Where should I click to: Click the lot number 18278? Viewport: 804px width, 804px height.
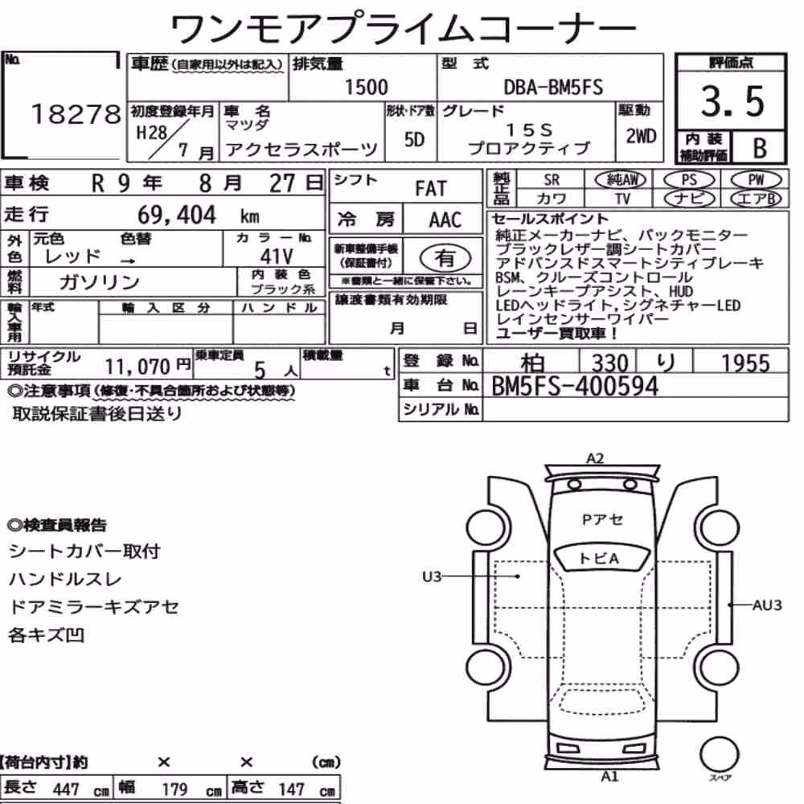(76, 114)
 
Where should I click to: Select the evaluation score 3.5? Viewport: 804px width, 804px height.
(732, 100)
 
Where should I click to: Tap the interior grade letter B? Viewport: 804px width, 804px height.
(760, 148)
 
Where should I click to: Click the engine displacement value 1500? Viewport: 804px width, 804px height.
(366, 87)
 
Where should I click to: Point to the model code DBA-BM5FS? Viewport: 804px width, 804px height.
(553, 87)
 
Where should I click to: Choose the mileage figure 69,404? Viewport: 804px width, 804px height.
(176, 215)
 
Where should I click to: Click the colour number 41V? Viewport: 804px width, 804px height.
(277, 256)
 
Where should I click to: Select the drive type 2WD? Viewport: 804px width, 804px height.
(641, 137)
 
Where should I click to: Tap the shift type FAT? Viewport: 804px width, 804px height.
(431, 189)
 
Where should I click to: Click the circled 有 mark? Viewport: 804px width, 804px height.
(445, 258)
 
